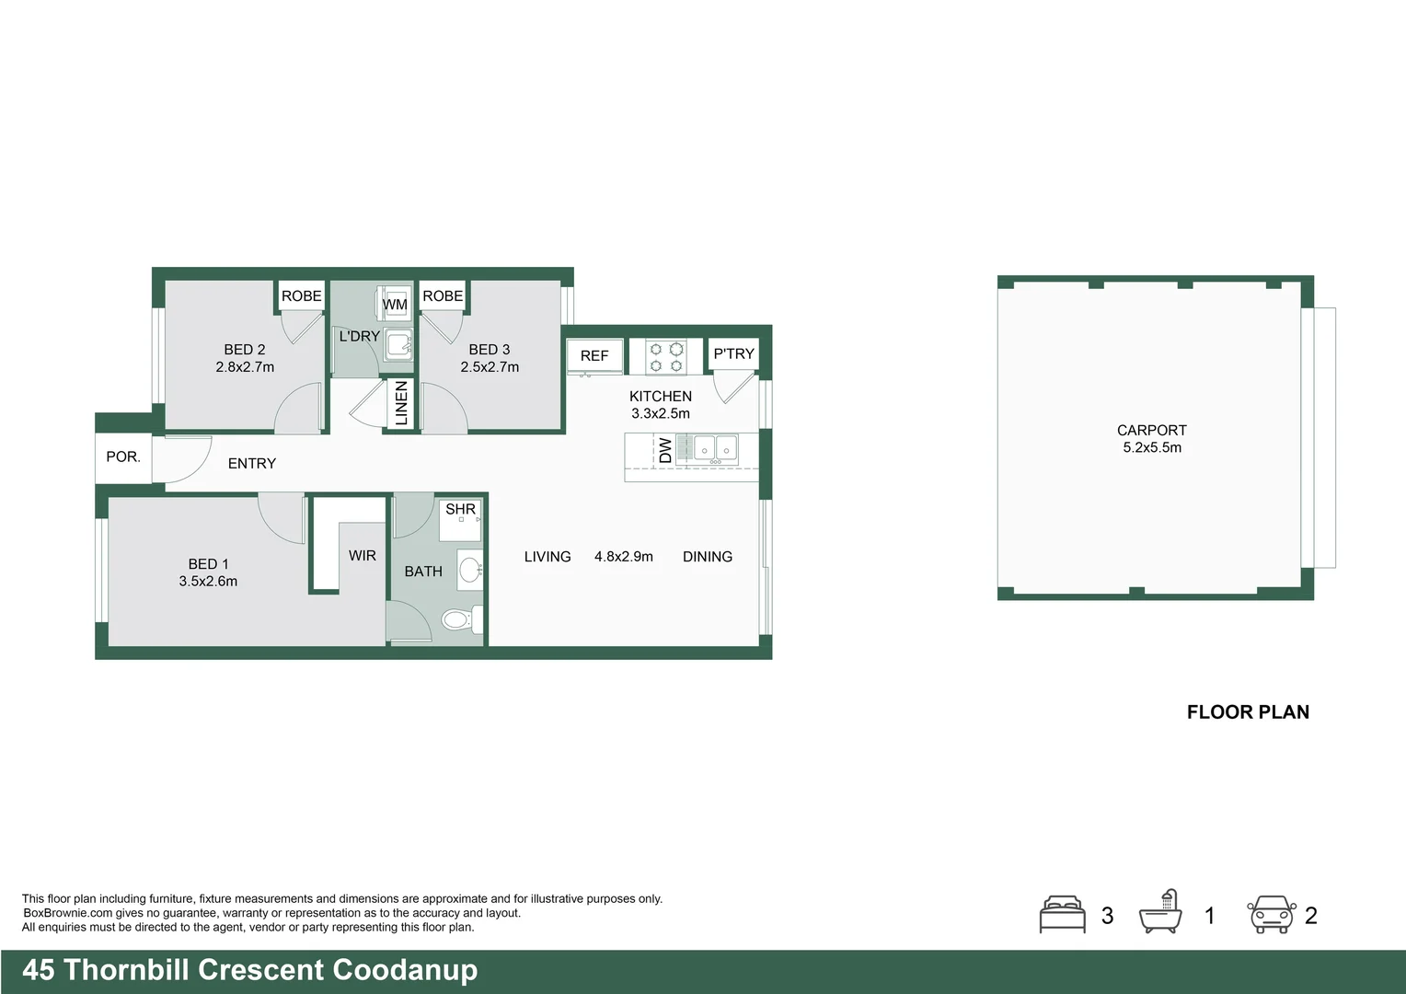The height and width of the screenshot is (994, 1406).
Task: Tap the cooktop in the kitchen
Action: click(665, 357)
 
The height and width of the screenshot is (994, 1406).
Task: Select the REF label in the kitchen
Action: click(594, 355)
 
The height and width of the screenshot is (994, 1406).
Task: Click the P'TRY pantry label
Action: click(733, 353)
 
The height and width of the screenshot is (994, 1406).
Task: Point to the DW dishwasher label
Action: click(664, 450)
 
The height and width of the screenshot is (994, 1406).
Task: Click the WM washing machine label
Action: click(395, 304)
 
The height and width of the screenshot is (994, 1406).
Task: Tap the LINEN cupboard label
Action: click(401, 403)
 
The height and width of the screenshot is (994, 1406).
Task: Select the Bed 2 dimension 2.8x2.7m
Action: click(245, 366)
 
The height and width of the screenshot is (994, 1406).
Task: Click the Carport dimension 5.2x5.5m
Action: click(1152, 447)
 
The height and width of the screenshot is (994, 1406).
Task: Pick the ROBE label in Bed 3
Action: click(443, 295)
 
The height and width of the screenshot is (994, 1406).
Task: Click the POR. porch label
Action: click(123, 457)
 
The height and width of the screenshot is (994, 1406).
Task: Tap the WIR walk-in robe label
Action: click(363, 555)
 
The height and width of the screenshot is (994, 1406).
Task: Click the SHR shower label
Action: click(460, 509)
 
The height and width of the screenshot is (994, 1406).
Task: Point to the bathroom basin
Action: click(469, 570)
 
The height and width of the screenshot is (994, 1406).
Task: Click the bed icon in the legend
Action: click(1063, 915)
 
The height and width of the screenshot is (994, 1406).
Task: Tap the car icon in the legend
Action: click(1271, 915)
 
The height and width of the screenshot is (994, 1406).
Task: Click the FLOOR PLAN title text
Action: click(1248, 711)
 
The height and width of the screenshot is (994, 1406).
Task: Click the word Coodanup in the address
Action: click(405, 970)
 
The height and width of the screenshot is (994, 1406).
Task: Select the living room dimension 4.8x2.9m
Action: click(624, 557)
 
